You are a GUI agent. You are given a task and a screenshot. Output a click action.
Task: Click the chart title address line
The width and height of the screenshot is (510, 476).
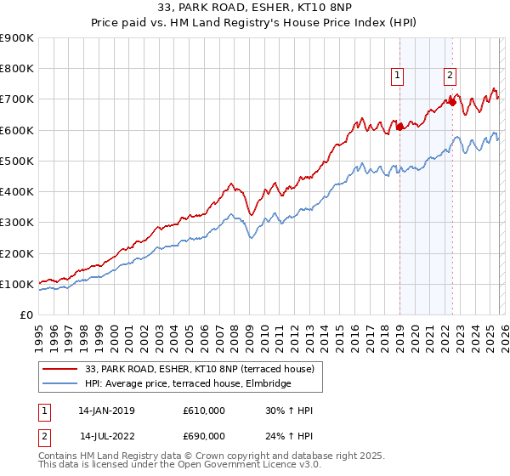pyautogui.click(x=254, y=8)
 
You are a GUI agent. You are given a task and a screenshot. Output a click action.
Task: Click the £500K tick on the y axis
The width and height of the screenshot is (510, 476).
pyautogui.click(x=17, y=161)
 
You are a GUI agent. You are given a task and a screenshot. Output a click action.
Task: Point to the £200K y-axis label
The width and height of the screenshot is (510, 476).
pyautogui.click(x=17, y=253)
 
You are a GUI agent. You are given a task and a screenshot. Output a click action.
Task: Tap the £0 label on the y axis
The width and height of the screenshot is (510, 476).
pyautogui.click(x=26, y=314)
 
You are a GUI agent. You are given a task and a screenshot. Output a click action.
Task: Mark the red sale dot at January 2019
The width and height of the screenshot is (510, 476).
pyautogui.click(x=399, y=127)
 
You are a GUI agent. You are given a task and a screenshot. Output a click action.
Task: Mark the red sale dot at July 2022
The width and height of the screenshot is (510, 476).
pyautogui.click(x=452, y=102)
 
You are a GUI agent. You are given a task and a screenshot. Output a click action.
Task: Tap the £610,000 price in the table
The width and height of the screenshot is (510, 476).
pyautogui.click(x=204, y=411)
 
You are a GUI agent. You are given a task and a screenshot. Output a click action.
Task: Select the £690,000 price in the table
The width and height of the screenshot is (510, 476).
pyautogui.click(x=204, y=436)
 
